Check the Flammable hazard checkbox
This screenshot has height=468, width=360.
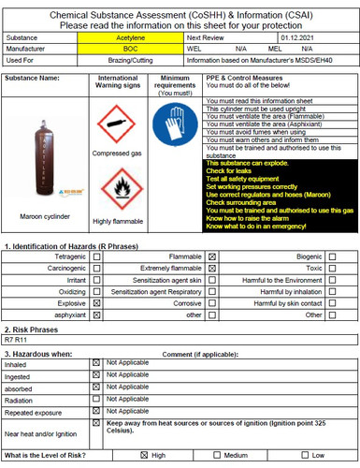pos(213,256)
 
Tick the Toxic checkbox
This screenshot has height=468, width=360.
pos(332,268)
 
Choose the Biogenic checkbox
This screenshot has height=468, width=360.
pos(332,256)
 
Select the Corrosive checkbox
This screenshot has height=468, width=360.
pos(213,303)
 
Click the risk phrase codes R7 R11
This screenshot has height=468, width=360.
pos(18,341)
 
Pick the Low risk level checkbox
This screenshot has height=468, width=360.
pos(301,455)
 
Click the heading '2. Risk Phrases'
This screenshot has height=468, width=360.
pos(36,329)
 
